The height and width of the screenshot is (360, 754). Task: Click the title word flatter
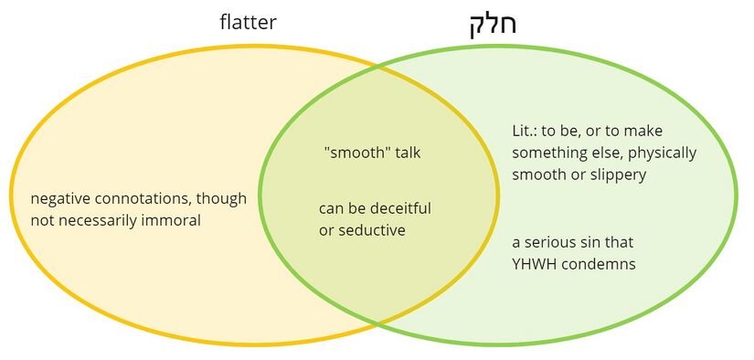click(248, 22)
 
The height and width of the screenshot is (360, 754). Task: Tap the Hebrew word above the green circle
click(493, 23)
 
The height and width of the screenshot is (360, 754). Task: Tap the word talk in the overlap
click(408, 153)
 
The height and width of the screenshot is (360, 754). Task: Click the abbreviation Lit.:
click(526, 131)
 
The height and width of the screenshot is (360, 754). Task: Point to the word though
click(224, 198)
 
